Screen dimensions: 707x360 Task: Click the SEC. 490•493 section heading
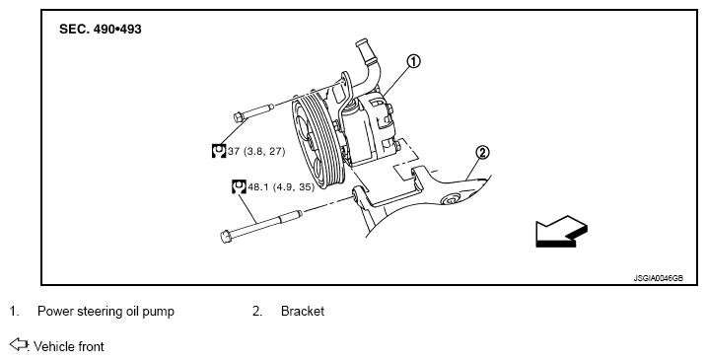pyautogui.click(x=101, y=29)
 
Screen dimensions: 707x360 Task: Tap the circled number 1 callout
pyautogui.click(x=413, y=61)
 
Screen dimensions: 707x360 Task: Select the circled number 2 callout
pyautogui.click(x=482, y=153)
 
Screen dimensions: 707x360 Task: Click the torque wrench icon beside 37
pyautogui.click(x=219, y=151)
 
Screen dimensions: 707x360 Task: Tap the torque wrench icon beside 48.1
pyautogui.click(x=239, y=186)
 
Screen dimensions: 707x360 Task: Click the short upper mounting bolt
pyautogui.click(x=253, y=111)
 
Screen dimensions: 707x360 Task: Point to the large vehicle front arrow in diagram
pyautogui.click(x=561, y=231)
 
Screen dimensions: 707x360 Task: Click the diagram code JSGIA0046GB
pyautogui.click(x=659, y=278)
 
